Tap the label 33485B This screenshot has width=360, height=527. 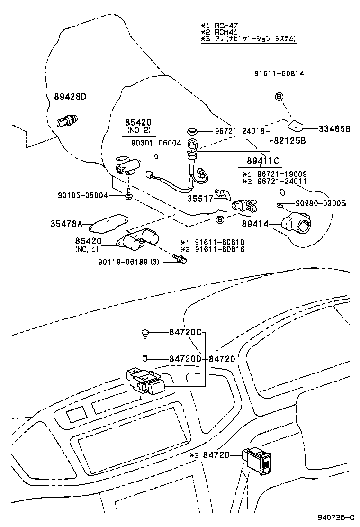tap(334, 128)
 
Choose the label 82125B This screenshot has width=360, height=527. tap(289, 141)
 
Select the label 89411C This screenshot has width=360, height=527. tap(262, 161)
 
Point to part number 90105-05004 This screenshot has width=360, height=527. tap(84, 195)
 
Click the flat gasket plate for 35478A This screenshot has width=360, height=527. tap(108, 220)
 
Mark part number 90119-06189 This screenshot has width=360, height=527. tap(121, 262)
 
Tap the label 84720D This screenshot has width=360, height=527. tap(185, 359)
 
